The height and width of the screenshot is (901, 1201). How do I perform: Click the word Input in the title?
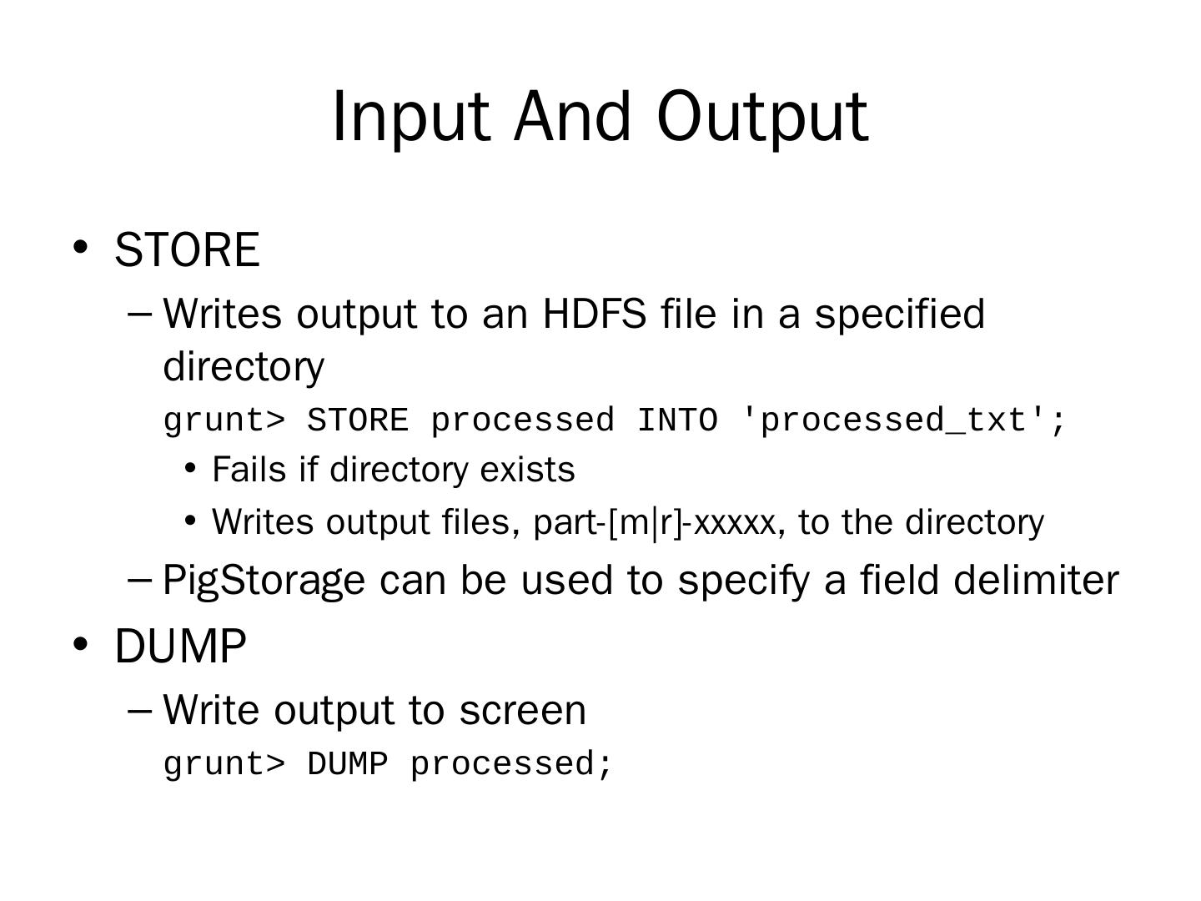411,118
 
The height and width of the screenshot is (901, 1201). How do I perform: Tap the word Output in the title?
762,118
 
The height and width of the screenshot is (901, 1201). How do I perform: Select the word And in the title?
572,116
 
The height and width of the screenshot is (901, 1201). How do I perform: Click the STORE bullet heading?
187,249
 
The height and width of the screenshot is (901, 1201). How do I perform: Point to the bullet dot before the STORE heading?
80,247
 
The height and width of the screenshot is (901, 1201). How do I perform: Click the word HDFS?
594,314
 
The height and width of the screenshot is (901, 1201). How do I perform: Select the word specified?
900,315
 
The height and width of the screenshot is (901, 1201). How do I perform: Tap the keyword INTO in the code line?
677,420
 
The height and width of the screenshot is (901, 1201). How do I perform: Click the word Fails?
249,470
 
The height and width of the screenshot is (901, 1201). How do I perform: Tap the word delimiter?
1037,580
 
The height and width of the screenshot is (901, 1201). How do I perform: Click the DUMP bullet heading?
180,646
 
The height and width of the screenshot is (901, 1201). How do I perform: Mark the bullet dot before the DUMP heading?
80,644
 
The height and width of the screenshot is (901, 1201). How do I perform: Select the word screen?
523,711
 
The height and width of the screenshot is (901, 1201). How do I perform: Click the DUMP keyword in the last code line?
348,763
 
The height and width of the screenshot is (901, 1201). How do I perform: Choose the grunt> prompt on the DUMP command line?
224,765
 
